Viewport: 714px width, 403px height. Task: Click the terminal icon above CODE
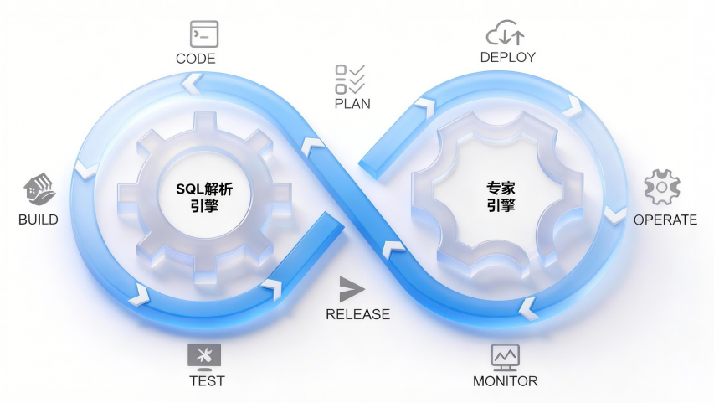[x=204, y=34]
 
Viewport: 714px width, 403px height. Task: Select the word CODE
[x=196, y=59]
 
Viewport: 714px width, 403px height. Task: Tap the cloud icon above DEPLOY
[x=505, y=33]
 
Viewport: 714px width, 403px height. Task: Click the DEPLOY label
[x=508, y=57]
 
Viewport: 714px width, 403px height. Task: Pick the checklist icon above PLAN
[x=350, y=79]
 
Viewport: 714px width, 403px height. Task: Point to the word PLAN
[x=352, y=104]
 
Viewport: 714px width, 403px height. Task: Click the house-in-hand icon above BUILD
[x=39, y=191]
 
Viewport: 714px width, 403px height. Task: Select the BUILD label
[x=39, y=220]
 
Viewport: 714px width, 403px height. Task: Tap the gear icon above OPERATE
[x=661, y=188]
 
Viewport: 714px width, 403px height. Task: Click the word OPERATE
[x=665, y=220]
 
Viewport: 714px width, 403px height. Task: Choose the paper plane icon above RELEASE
[x=352, y=290]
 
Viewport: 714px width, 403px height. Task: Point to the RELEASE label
[x=357, y=314]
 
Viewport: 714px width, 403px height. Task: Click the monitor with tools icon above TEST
[x=205, y=355]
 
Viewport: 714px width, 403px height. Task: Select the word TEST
[x=207, y=380]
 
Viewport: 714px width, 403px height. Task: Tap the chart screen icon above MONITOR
[x=505, y=356]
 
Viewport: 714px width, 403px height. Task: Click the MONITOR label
[x=506, y=381]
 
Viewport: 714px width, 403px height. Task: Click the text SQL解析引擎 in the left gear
[x=204, y=197]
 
